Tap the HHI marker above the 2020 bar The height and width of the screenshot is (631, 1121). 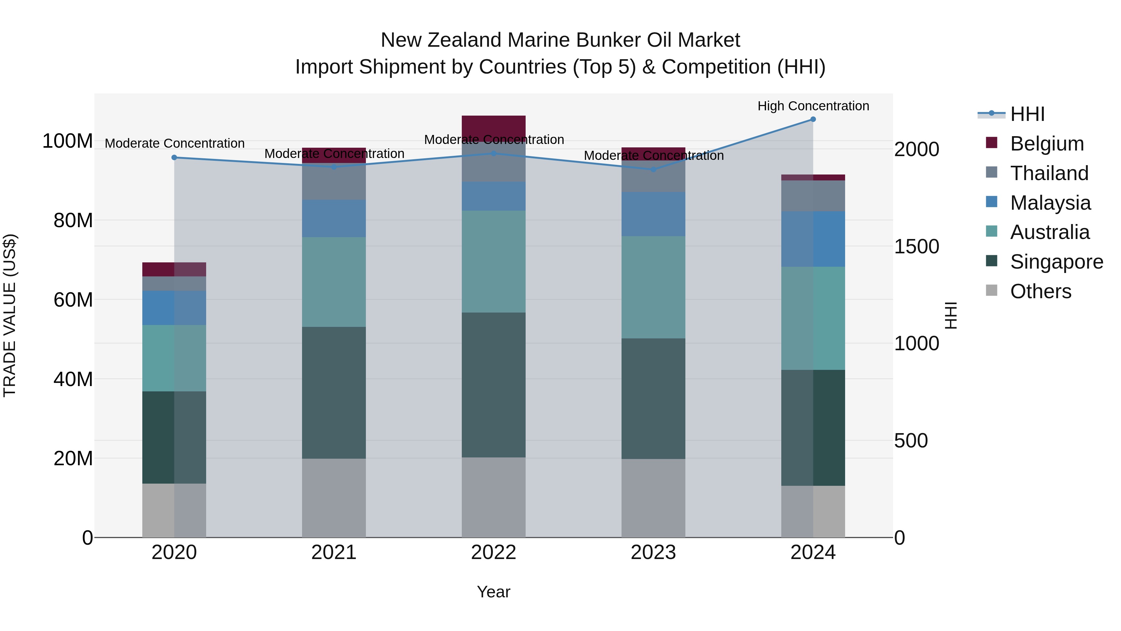174,158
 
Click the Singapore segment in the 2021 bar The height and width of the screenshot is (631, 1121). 334,392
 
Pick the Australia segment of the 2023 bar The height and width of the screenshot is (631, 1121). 653,287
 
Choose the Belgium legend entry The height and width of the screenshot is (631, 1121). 1047,144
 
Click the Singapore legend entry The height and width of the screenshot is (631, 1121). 1056,262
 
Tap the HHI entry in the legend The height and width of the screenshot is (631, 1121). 1027,114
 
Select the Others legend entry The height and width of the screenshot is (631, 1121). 1040,291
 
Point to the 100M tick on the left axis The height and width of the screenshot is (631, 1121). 68,141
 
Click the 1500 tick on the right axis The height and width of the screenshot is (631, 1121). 916,246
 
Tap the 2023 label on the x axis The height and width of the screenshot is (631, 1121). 653,552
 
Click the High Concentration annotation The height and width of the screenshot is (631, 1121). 813,106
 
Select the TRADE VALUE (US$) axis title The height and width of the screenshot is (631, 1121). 10,315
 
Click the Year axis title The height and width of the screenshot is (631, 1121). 494,592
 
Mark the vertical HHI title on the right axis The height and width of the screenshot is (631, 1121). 951,315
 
